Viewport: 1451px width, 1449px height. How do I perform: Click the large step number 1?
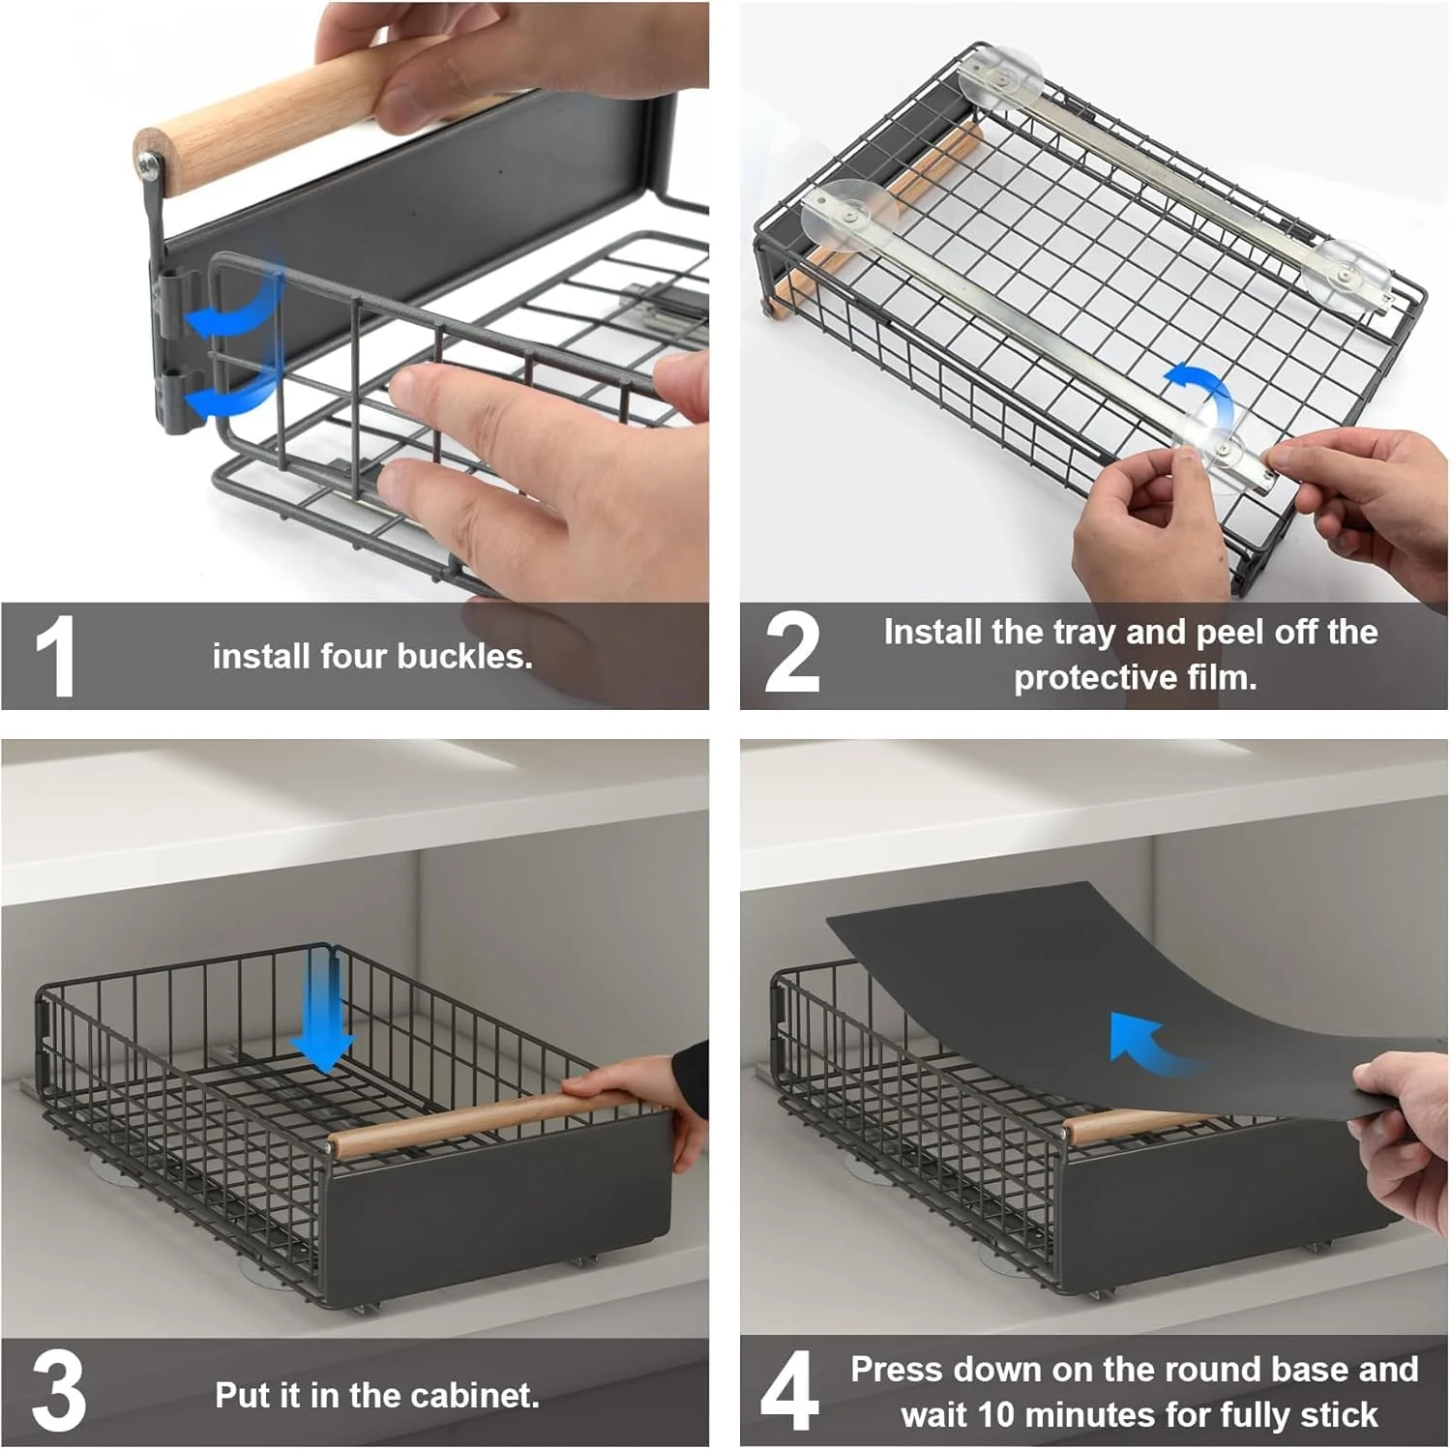(56, 655)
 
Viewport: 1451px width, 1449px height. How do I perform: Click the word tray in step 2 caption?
(1085, 633)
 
